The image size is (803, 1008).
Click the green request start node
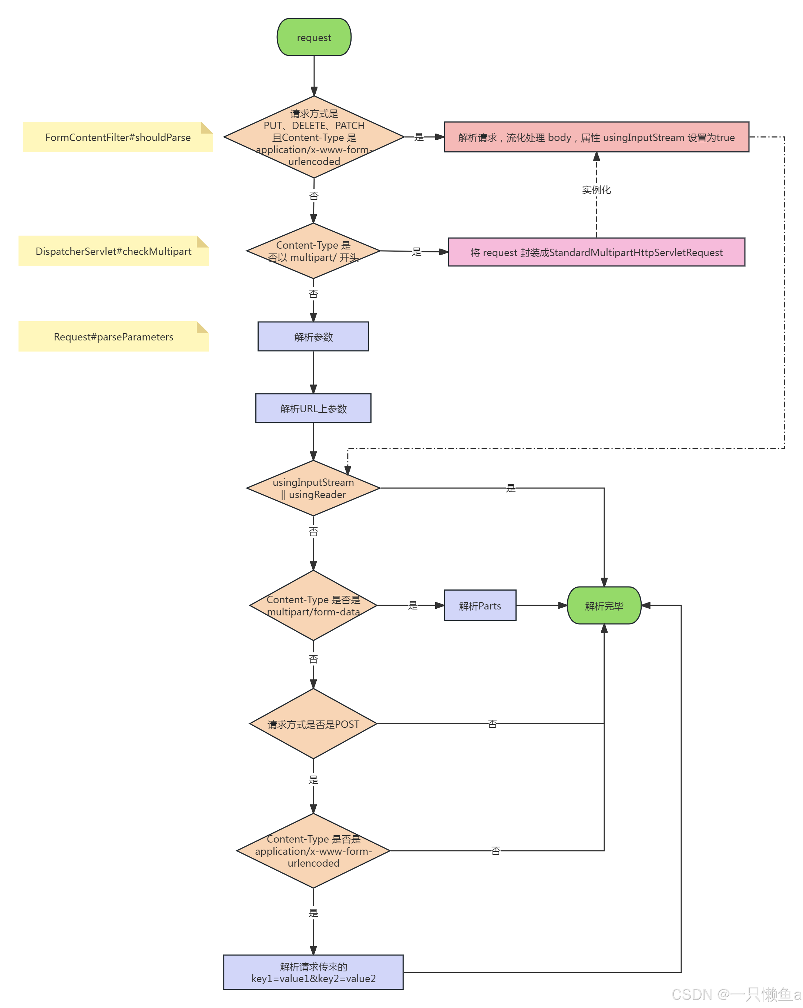coord(314,37)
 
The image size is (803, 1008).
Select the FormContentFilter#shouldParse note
coord(118,137)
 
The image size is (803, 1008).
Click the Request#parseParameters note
coord(113,337)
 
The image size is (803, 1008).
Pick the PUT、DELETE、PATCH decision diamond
coord(314,137)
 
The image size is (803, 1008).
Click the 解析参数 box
coord(313,337)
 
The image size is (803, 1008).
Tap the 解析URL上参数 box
coord(313,409)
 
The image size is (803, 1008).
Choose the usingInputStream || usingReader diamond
coord(313,488)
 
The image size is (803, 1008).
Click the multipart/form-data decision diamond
coord(313,605)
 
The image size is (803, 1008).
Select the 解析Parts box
coord(480,606)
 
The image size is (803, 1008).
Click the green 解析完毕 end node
coord(604,606)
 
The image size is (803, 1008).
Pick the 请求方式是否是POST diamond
coord(313,724)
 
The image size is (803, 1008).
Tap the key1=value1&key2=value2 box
coord(313,972)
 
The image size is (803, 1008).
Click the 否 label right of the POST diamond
coord(492,724)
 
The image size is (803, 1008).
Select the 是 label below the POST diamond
coord(313,779)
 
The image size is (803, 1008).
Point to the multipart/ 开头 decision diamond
coord(313,251)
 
